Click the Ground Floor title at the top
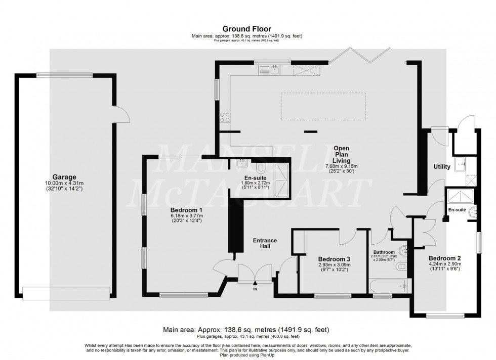click(247, 29)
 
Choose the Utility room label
click(442, 166)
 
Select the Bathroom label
click(384, 252)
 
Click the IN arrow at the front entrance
click(255, 286)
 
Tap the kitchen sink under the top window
click(274, 70)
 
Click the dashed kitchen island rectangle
click(323, 106)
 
